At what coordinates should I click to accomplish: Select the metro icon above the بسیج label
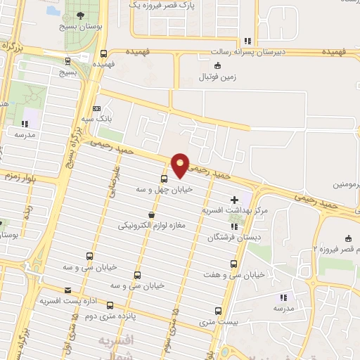(67, 60)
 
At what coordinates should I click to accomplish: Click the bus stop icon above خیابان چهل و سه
(164, 179)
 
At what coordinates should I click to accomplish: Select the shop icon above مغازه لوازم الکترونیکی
(151, 214)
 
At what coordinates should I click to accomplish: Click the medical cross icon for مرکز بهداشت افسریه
(234, 200)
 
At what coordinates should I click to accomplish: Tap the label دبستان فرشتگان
(233, 238)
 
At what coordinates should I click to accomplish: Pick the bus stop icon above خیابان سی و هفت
(233, 264)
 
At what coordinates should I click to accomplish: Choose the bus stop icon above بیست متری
(217, 311)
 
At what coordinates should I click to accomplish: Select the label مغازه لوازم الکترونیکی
(152, 225)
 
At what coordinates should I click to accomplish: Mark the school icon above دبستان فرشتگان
(234, 226)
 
